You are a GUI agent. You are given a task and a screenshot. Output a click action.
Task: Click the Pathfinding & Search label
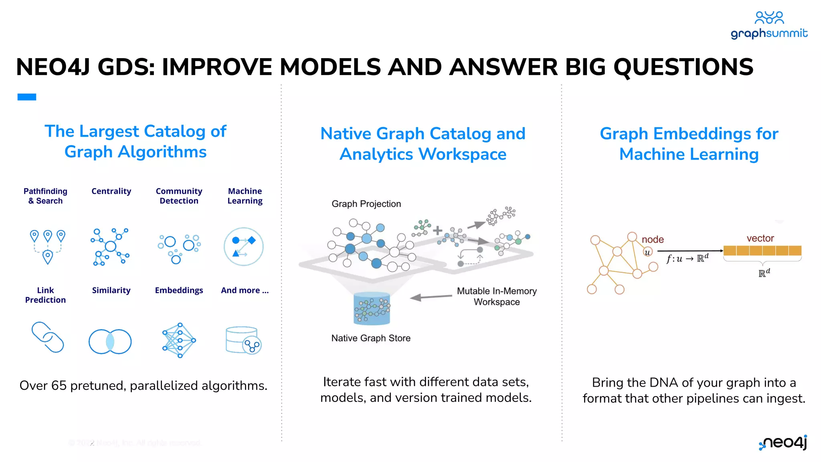click(45, 196)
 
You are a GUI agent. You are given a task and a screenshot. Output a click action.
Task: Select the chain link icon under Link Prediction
click(48, 337)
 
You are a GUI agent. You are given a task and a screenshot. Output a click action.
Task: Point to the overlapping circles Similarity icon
click(110, 342)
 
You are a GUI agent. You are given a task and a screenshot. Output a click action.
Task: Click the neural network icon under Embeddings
click(179, 340)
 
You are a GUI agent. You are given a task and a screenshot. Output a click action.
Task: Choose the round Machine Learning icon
click(243, 247)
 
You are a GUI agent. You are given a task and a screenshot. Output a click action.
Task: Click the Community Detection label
click(179, 196)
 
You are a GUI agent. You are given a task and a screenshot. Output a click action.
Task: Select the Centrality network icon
click(110, 247)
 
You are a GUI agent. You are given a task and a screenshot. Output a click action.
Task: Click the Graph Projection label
click(366, 204)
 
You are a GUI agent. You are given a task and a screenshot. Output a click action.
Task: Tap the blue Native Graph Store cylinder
click(372, 308)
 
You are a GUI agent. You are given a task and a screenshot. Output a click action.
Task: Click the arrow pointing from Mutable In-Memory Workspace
click(431, 297)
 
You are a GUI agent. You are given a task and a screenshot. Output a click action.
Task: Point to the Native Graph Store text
click(371, 338)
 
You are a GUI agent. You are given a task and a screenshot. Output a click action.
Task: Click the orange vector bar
click(762, 251)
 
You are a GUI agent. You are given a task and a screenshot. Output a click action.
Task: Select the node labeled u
click(647, 252)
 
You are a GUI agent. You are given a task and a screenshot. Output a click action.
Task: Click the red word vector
click(760, 238)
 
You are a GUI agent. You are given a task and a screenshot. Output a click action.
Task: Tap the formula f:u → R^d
click(687, 258)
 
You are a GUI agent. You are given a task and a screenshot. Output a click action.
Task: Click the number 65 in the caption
click(59, 385)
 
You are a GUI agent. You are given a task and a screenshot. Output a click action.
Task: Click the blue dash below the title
click(27, 97)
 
